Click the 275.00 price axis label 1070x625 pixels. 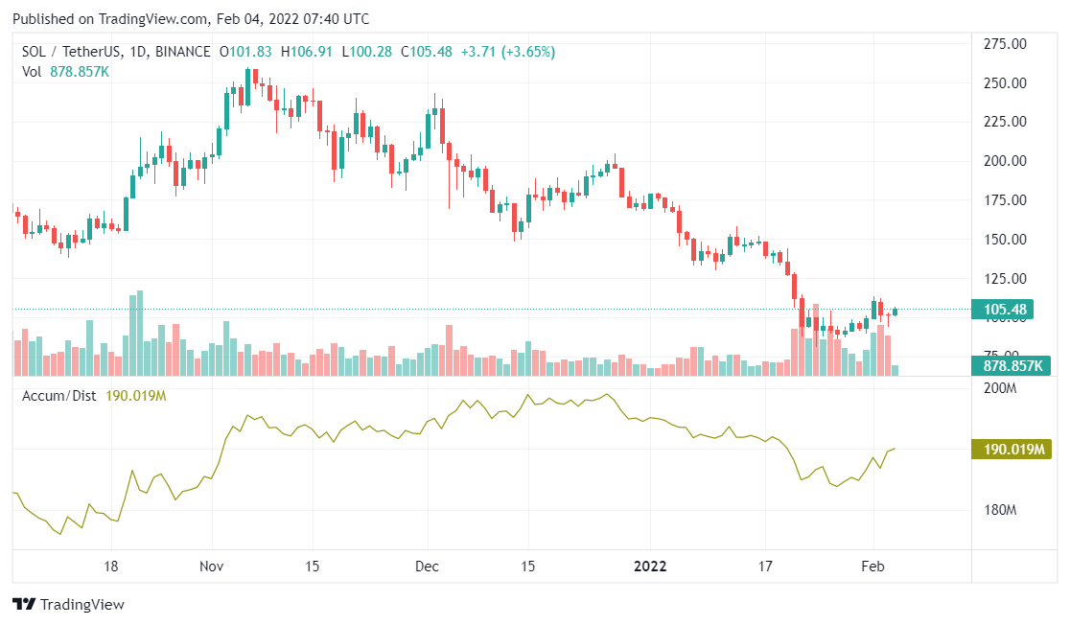[x=1007, y=44]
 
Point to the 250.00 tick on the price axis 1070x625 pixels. [x=1007, y=83]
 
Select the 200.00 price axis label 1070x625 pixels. [x=1007, y=161]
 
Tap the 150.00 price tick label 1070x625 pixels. [x=1007, y=240]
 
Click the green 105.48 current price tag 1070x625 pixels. [x=1006, y=310]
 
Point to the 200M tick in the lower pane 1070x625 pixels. [x=1001, y=388]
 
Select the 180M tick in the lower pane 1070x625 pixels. [x=1001, y=510]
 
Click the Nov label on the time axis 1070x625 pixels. [x=213, y=566]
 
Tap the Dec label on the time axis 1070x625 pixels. [x=427, y=566]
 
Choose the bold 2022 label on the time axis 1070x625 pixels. [x=650, y=566]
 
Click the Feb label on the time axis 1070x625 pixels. [x=872, y=566]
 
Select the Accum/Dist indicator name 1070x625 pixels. [x=58, y=396]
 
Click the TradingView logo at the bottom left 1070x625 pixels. [x=68, y=605]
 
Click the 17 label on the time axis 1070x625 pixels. [x=764, y=566]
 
